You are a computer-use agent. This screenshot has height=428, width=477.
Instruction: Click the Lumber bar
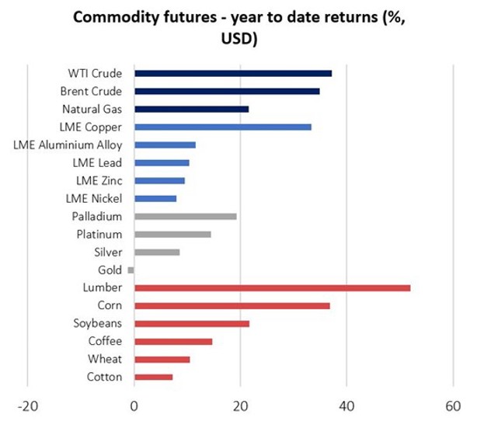pos(272,288)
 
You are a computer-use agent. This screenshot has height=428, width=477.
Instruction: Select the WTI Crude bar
pos(233,74)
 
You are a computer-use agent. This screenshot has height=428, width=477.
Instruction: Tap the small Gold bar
pos(131,270)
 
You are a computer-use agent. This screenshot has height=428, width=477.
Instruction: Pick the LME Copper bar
pos(223,127)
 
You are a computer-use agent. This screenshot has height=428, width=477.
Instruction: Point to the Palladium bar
pos(185,217)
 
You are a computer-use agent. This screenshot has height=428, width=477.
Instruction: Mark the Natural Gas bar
pos(191,110)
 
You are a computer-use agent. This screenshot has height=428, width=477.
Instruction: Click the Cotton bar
pos(153,378)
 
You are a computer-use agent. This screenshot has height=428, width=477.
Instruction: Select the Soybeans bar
pos(192,324)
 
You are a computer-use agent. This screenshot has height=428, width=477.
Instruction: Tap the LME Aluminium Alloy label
pos(68,145)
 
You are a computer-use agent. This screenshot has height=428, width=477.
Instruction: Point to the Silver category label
pos(107,252)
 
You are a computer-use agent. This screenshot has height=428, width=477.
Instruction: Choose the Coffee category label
pos(104,342)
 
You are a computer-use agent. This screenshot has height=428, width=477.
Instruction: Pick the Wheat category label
pos(106,360)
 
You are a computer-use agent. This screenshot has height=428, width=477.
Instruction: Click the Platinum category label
pos(99,235)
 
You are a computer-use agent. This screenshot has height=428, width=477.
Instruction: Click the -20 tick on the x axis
pos(28,406)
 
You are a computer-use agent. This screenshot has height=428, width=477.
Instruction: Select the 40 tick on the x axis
pos(346,406)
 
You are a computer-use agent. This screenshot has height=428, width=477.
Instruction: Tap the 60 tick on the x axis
pos(453,406)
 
